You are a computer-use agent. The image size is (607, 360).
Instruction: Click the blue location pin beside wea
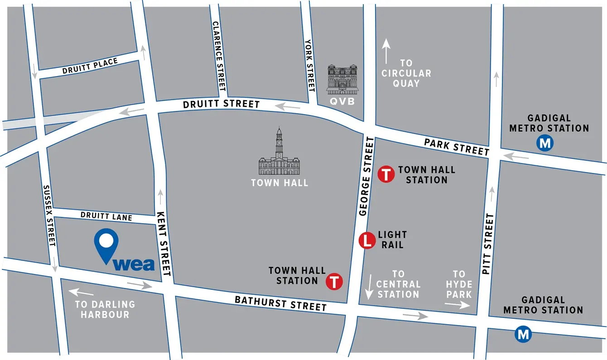[x=106, y=245]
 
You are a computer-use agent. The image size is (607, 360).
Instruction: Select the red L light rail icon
[x=367, y=240]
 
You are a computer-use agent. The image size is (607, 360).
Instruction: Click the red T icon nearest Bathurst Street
[x=334, y=281]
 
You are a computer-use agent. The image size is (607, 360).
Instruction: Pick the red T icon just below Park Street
[x=386, y=174]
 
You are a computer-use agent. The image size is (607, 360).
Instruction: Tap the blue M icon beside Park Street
[x=545, y=144]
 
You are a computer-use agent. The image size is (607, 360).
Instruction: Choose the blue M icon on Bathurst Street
[x=523, y=335]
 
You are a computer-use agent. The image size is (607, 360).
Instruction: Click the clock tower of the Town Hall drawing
[x=279, y=143]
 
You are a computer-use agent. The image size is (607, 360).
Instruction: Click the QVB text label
[x=342, y=101]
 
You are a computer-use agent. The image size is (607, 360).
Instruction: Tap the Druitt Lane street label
[x=106, y=216]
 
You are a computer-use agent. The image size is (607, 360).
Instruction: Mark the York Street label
[x=310, y=66]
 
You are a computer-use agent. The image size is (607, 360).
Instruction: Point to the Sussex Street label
[x=48, y=216]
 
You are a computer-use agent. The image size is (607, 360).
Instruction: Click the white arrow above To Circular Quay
[x=386, y=51]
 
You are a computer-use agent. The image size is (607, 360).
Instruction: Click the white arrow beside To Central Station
[x=369, y=286]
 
